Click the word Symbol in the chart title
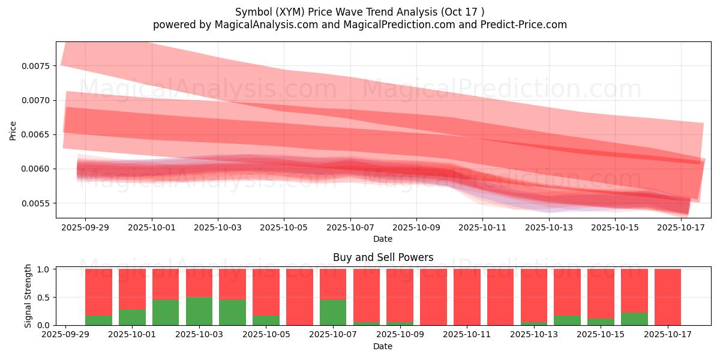click(x=252, y=12)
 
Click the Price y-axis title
click(x=13, y=130)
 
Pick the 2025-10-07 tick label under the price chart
click(x=350, y=228)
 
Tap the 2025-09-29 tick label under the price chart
click(x=85, y=228)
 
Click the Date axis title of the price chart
click(x=383, y=239)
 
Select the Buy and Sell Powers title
click(x=383, y=257)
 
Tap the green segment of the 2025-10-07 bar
click(x=333, y=312)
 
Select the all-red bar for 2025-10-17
click(x=668, y=297)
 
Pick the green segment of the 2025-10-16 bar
click(x=634, y=319)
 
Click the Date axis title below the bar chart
click(x=383, y=346)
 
